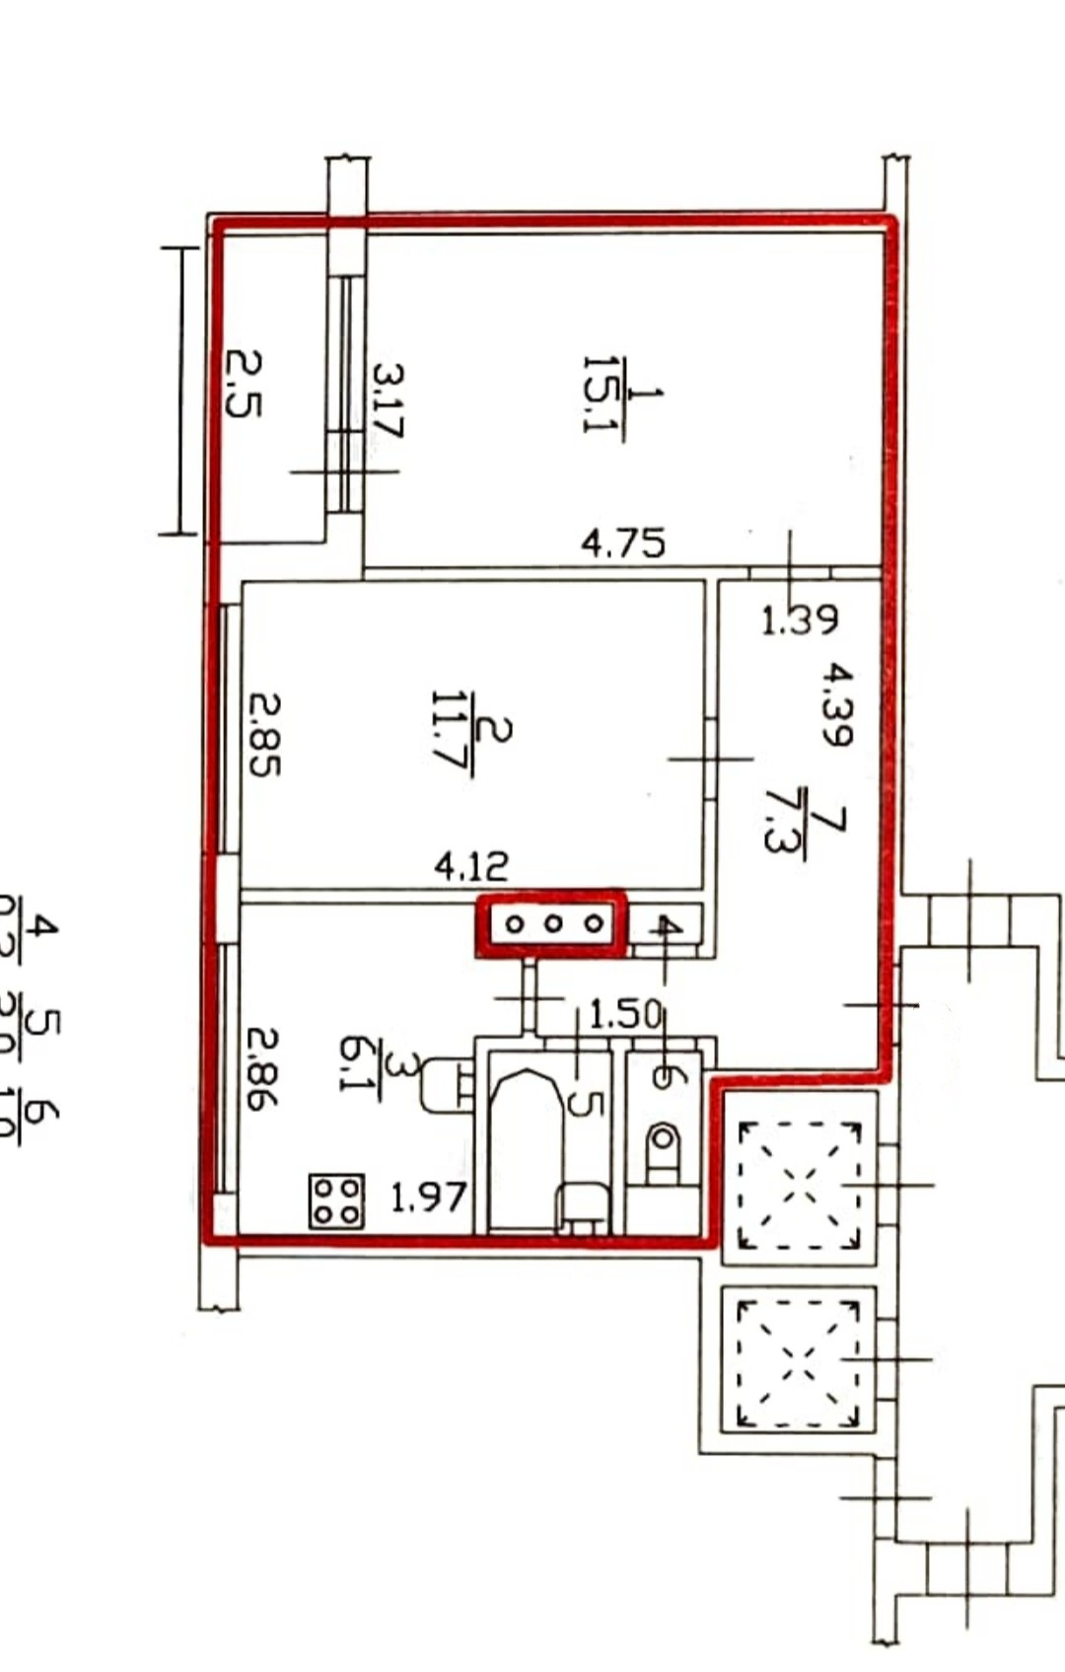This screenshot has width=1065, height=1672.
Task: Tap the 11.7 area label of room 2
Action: tap(455, 736)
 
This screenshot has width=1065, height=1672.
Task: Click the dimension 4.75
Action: tap(622, 544)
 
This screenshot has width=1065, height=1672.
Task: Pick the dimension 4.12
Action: tap(471, 866)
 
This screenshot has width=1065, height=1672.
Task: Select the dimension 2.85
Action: tap(263, 734)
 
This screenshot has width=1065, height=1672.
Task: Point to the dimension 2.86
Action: tap(262, 1068)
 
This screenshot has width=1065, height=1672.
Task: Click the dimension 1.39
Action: tap(799, 619)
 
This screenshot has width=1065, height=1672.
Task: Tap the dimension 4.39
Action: tap(836, 703)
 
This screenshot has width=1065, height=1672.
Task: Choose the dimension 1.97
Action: tap(427, 1198)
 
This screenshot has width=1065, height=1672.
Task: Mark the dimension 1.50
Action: tap(623, 1013)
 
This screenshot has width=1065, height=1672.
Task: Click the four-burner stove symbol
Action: tap(336, 1200)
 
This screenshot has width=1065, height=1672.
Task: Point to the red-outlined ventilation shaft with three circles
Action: tap(551, 924)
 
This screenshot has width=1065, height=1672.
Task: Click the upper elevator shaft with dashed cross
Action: tap(799, 1179)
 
